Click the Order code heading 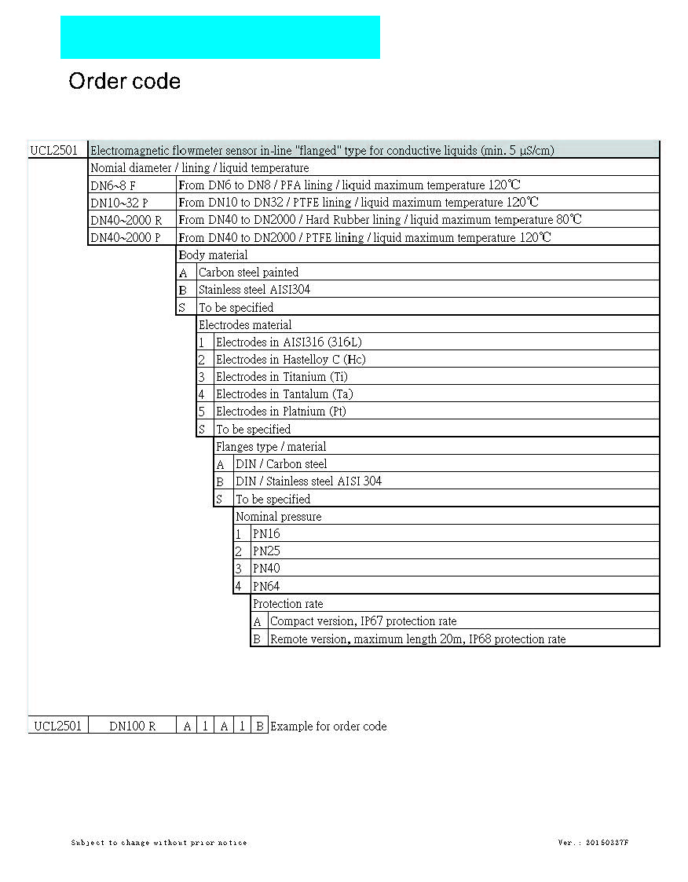point(124,81)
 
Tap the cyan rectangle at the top point(220,37)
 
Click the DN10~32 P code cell point(119,203)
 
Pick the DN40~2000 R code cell point(126,220)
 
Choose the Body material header point(213,254)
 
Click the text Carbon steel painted point(248,272)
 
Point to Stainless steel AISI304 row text point(254,289)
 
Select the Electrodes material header point(244,324)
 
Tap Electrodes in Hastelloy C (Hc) point(291,359)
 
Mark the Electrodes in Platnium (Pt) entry point(280,411)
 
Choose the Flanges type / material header point(270,446)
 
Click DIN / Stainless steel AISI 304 point(309,481)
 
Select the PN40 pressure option point(266,568)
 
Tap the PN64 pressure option point(266,586)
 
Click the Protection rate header point(287,603)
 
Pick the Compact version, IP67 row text point(363,620)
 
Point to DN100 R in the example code point(132,726)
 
